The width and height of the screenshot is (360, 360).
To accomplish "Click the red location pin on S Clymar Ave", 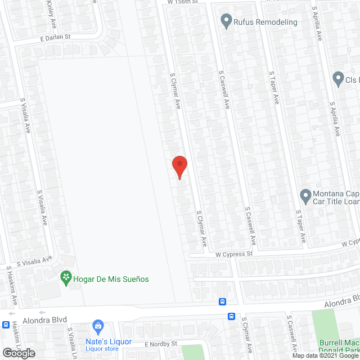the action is (179, 166).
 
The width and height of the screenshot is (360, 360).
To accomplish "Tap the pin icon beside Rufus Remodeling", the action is (227, 21).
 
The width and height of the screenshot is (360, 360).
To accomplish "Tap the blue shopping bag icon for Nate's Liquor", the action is (98, 326).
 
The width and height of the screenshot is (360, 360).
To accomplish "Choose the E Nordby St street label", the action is (161, 343).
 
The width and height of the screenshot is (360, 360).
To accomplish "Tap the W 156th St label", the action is (183, 2).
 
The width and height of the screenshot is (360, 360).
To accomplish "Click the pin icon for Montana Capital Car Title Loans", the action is (305, 196).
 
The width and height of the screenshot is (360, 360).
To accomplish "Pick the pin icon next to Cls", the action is (338, 79).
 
